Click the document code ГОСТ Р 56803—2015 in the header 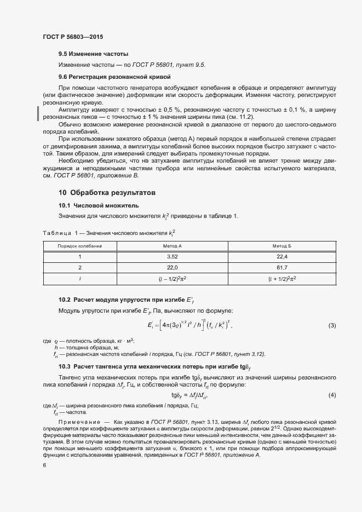click(x=72, y=37)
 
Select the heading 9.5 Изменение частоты click(x=93, y=54)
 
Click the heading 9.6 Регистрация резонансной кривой click(x=114, y=77)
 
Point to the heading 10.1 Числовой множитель click(x=96, y=205)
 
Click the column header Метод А click(x=173, y=246)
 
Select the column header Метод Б click(x=282, y=246)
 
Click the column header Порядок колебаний click(x=80, y=246)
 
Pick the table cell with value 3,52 click(x=173, y=256)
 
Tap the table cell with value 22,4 click(x=282, y=256)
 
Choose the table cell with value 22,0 click(x=173, y=267)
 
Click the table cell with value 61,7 click(x=282, y=267)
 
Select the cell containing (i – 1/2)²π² click(x=173, y=278)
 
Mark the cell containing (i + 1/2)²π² click(x=282, y=278)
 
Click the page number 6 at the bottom click(x=44, y=465)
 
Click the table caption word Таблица click(x=57, y=233)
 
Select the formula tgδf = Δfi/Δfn click(x=189, y=395)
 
